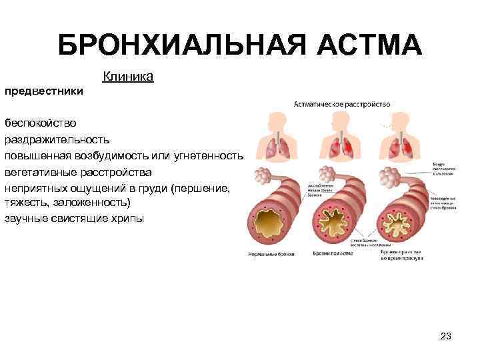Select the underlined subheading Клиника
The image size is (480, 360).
point(128,77)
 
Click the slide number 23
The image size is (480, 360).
point(446,337)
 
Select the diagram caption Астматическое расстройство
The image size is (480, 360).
point(342,104)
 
